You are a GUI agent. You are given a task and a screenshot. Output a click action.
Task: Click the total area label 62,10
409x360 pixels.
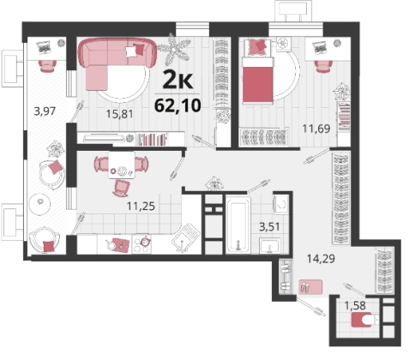point(177,105)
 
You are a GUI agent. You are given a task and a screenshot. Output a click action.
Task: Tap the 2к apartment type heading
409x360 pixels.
point(177,81)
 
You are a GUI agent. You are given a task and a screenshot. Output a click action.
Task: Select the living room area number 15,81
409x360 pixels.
point(120,114)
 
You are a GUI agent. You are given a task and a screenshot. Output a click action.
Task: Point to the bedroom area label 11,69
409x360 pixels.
point(316,129)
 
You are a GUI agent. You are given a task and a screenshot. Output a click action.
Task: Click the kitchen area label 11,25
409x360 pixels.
point(141,206)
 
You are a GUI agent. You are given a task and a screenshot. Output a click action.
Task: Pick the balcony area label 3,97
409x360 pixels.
point(45,111)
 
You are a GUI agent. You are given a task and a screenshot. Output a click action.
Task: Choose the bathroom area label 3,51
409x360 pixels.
point(269,227)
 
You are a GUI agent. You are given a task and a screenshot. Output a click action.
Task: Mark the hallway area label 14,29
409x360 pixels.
point(321,259)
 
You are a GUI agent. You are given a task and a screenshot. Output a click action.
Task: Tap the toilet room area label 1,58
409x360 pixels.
point(355,305)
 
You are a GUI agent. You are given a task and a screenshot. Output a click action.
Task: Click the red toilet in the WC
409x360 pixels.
point(363,320)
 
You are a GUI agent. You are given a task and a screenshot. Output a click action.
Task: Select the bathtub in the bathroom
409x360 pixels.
point(238,224)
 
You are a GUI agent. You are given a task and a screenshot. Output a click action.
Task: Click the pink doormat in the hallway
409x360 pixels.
point(310,286)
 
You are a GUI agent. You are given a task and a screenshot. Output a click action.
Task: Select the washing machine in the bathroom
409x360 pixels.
point(282,204)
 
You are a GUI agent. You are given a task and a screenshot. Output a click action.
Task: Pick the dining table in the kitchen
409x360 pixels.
point(122,165)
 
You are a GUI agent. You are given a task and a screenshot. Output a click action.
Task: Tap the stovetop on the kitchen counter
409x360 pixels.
point(142,244)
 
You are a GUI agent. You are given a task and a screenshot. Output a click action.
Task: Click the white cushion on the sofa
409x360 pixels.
point(131,51)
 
